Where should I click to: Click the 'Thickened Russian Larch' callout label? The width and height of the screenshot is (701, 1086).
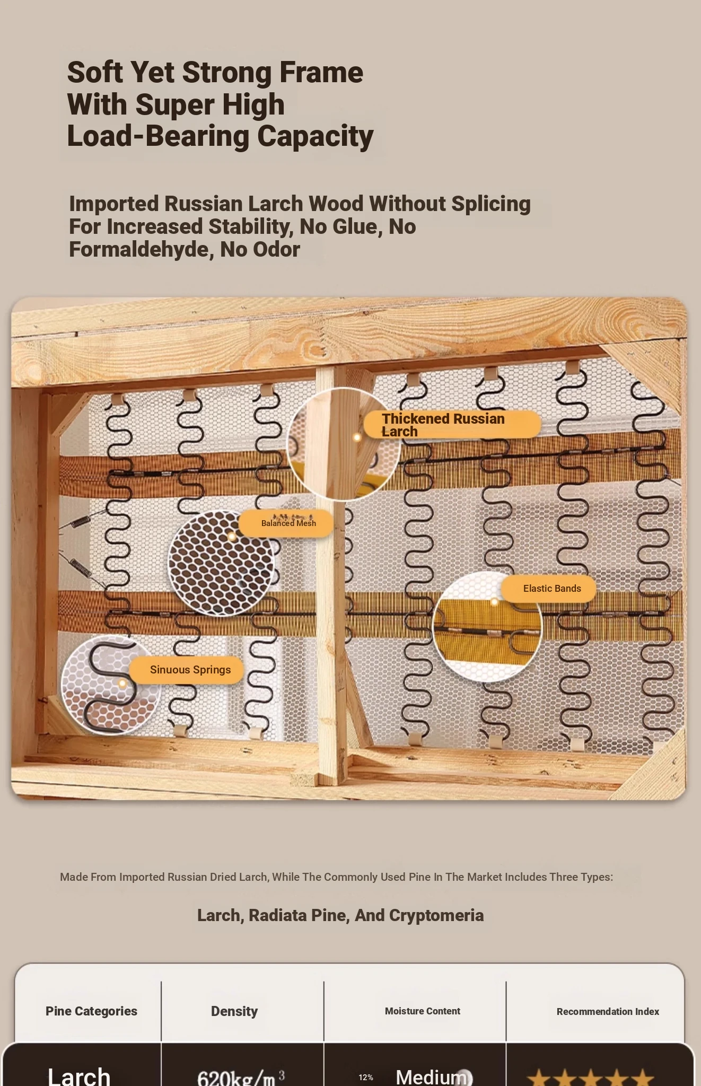pyautogui.click(x=452, y=424)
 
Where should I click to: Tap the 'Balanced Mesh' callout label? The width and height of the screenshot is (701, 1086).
pyautogui.click(x=286, y=523)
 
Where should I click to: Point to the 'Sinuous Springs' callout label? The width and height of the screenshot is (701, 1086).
pyautogui.click(x=187, y=670)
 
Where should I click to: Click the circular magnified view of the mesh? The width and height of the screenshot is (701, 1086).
pyautogui.click(x=221, y=563)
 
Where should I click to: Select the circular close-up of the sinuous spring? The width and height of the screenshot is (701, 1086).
pyautogui.click(x=110, y=685)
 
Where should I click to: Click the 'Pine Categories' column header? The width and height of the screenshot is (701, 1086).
pyautogui.click(x=91, y=1011)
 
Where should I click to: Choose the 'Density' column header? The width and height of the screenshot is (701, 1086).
pyautogui.click(x=234, y=1011)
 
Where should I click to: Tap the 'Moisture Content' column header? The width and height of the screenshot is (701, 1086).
pyautogui.click(x=423, y=1011)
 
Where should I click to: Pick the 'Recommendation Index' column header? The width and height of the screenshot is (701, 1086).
pyautogui.click(x=608, y=1012)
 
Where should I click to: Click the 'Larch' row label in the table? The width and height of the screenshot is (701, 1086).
pyautogui.click(x=79, y=1076)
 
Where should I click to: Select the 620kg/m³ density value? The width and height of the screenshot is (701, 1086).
pyautogui.click(x=241, y=1078)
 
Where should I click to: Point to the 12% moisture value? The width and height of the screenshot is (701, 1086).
pyautogui.click(x=366, y=1078)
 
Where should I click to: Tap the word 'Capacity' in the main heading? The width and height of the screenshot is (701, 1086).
pyautogui.click(x=316, y=136)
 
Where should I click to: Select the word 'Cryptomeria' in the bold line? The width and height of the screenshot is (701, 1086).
pyautogui.click(x=436, y=916)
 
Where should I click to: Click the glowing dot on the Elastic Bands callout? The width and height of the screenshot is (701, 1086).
pyautogui.click(x=494, y=601)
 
